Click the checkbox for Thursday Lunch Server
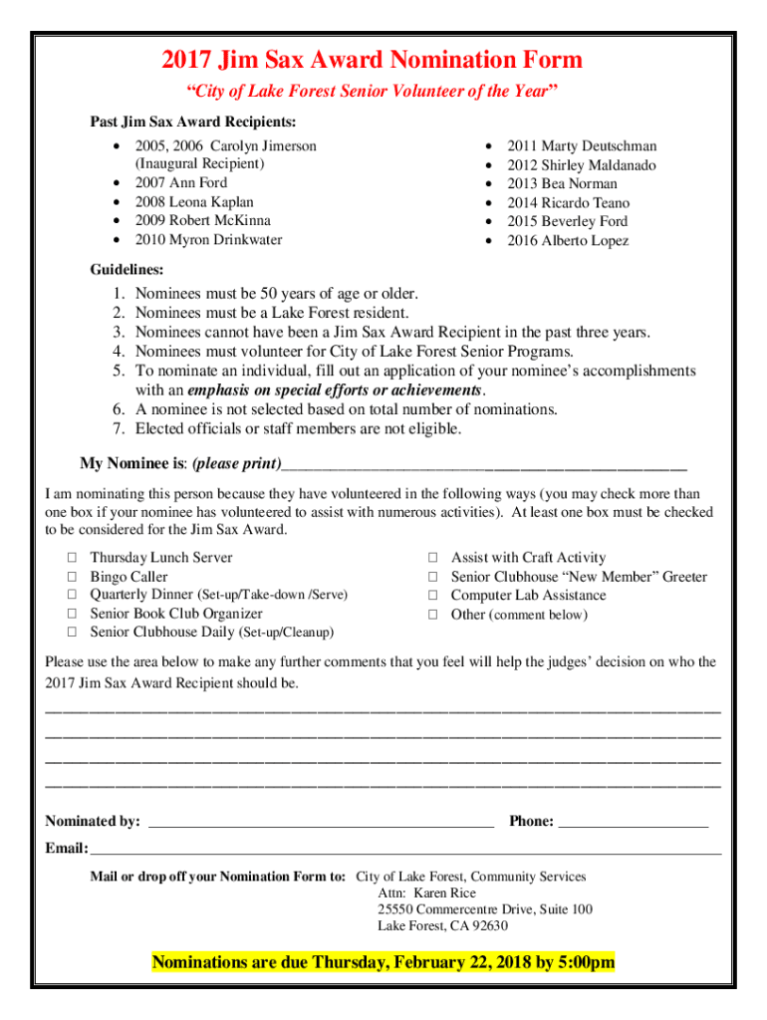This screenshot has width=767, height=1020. tap(73, 559)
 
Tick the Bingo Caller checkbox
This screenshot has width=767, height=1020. tap(73, 578)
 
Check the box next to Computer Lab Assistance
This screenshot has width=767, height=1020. tap(433, 596)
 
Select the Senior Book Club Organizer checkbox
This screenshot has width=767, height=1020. tap(73, 615)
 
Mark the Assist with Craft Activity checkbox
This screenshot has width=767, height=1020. tap(433, 559)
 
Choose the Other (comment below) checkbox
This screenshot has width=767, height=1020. tap(433, 615)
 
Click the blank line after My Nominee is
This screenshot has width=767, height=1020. tap(484, 466)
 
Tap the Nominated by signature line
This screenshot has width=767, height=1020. tap(320, 823)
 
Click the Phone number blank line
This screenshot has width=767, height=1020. tap(633, 823)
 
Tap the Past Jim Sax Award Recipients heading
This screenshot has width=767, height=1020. tap(192, 123)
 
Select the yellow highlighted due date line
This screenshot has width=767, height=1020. tap(383, 962)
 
